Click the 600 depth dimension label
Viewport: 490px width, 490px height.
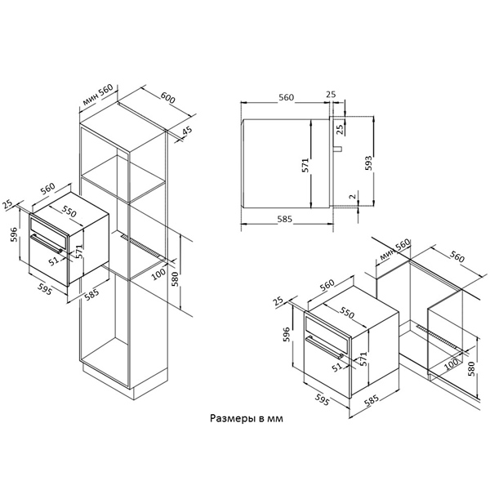click(x=168, y=98)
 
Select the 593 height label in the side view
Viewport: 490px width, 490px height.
click(x=369, y=163)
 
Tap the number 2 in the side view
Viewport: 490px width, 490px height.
click(x=353, y=196)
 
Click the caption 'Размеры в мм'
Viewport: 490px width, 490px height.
click(x=247, y=418)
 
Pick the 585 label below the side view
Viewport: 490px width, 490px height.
click(x=285, y=219)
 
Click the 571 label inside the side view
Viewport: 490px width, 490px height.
click(x=305, y=165)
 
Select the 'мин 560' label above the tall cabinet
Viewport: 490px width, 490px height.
click(x=98, y=95)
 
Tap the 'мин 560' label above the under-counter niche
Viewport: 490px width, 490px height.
click(x=394, y=250)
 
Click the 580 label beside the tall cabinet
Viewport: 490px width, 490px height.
click(x=175, y=280)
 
